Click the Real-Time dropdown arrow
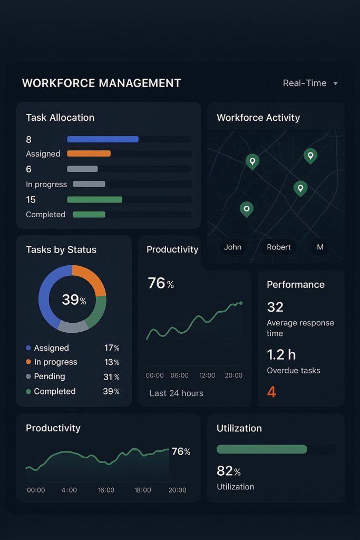coord(335,83)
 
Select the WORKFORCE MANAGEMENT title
coord(101,83)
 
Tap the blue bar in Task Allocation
coord(103,139)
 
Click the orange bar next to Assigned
coord(89,153)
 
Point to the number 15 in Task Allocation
coord(31,199)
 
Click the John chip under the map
coord(232,247)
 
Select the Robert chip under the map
coord(279,247)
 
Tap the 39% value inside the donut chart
coord(74,300)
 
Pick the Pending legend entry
coord(49,377)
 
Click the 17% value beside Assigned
coord(112,348)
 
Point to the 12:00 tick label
coord(207,375)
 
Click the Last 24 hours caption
coord(176,393)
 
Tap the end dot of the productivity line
coord(241,303)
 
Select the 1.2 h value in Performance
coord(282,355)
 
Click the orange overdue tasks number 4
coord(271,392)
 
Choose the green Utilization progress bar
coord(261,449)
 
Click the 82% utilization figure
coord(229,471)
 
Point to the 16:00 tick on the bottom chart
coord(106,490)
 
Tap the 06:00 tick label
coord(180,375)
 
